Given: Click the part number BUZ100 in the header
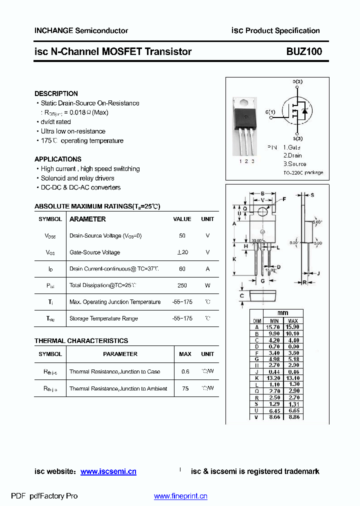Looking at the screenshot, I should pos(304,51).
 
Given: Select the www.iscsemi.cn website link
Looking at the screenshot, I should pos(108,471).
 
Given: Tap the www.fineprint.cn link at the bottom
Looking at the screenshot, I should pos(180,496).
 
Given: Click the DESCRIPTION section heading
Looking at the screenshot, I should pos(56,93).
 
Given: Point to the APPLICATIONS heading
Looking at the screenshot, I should pos(57,159).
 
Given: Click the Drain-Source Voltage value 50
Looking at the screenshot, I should pos(182,235).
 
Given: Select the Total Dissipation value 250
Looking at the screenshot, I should pos(182,285).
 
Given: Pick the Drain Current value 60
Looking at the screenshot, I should pos(182,269).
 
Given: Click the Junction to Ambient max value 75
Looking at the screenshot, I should pos(185,388).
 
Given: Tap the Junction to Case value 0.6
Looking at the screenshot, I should pos(185,371).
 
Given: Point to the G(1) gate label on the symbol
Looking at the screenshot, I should pos(270,112).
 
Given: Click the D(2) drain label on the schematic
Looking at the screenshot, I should pos(297,81).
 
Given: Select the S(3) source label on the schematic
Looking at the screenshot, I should pos(297,138).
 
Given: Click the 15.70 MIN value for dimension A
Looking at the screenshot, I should pos(274,327).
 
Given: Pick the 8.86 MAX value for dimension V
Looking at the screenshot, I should pos(293,416).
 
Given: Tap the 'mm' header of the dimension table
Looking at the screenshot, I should pos(283,313).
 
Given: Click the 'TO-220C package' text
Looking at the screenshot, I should pos(303,172).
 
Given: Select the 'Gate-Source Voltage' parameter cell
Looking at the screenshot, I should pos(94,252).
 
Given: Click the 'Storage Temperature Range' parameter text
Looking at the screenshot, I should pos(103,318).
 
